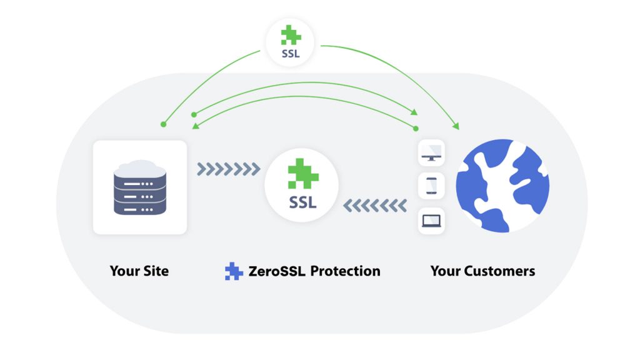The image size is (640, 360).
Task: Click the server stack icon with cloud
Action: (x=140, y=187)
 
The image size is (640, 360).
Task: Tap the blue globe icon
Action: (x=502, y=186)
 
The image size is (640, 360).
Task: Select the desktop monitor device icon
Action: (x=431, y=153)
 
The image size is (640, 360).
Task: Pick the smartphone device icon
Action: (x=431, y=186)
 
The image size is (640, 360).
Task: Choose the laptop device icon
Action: (x=431, y=221)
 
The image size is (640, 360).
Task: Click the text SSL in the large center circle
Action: (x=302, y=202)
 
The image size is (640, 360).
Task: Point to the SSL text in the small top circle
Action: (x=291, y=54)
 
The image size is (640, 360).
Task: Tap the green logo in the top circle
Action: (x=291, y=35)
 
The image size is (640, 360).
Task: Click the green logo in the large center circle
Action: (x=303, y=174)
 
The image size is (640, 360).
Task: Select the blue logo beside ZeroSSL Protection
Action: (x=234, y=271)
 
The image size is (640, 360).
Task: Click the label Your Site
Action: (x=139, y=271)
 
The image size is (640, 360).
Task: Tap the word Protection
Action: (x=345, y=271)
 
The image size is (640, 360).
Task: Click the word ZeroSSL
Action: (x=277, y=271)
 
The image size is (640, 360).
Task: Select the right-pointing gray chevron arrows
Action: (x=229, y=169)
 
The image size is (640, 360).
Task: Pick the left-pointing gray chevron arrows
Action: (x=375, y=206)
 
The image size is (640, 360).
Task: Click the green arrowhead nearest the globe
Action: (x=456, y=126)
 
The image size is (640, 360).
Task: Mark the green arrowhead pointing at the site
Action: (x=196, y=126)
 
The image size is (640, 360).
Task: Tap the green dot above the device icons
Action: (x=416, y=129)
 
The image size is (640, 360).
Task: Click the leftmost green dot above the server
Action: (x=163, y=124)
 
